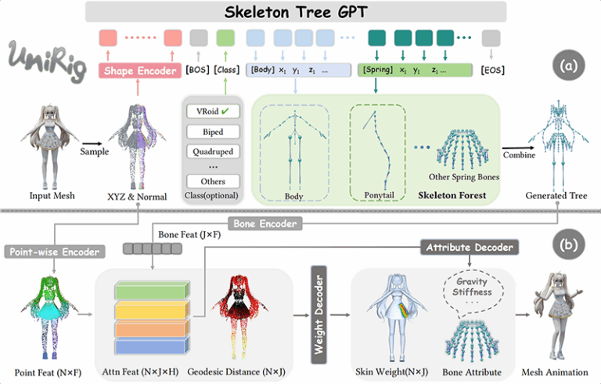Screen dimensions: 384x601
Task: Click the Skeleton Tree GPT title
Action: (297, 12)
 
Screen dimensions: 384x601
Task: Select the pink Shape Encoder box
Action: (141, 71)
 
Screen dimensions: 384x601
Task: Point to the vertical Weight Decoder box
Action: (318, 306)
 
